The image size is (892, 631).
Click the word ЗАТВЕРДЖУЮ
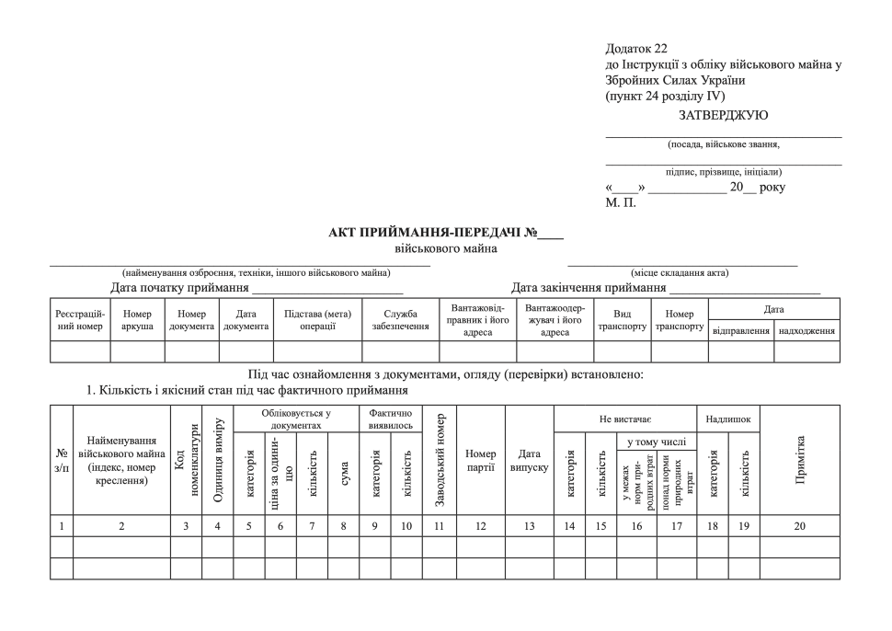(723, 115)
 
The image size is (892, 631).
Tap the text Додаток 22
(636, 49)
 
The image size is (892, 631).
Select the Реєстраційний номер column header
(80, 319)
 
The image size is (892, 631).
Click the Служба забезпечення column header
(400, 319)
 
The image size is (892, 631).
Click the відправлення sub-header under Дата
(741, 330)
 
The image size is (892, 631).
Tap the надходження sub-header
(806, 330)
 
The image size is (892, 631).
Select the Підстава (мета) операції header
(317, 319)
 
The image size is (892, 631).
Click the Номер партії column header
(480, 460)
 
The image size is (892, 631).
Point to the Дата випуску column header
(529, 460)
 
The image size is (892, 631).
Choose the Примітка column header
(800, 460)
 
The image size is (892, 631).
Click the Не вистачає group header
(624, 419)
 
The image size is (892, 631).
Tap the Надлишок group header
(727, 419)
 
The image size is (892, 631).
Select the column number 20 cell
(800, 526)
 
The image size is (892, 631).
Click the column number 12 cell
(480, 526)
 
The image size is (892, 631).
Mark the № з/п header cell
(62, 460)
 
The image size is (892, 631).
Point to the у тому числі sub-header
(657, 442)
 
